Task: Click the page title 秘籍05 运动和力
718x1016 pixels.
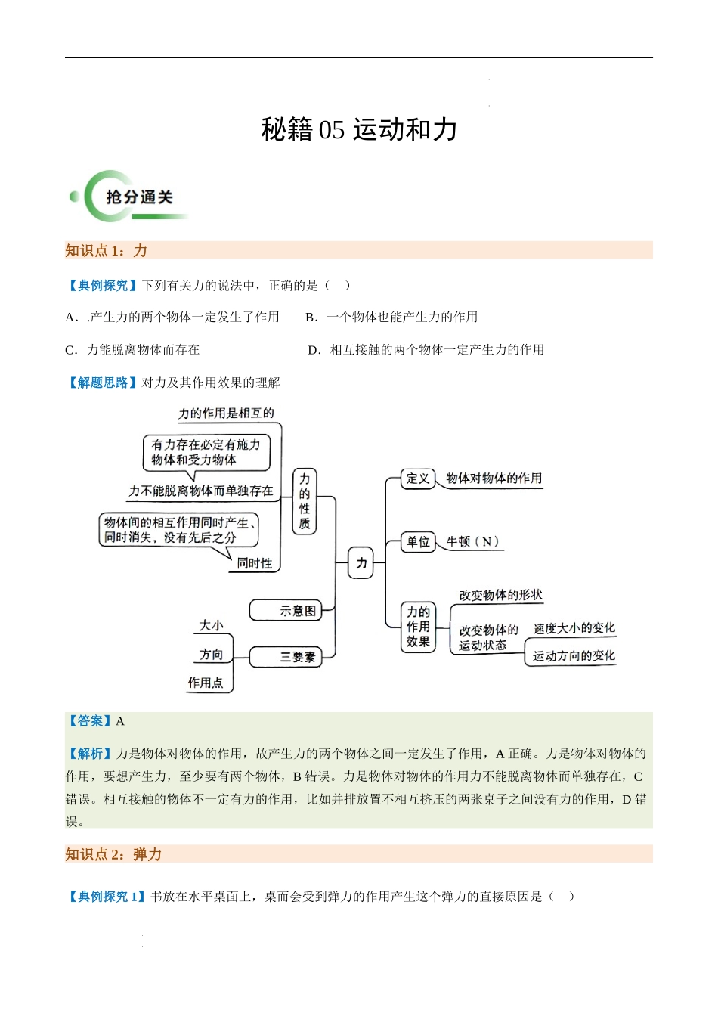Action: pos(359,130)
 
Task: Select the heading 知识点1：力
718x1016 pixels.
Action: pos(106,251)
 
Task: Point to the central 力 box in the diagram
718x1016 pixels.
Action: pos(361,563)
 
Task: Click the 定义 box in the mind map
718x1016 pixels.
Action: pos(418,479)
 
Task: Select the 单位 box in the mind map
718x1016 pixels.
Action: pos(418,542)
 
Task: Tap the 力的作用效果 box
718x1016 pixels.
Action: pos(418,627)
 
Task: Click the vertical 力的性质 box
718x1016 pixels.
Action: pos(304,501)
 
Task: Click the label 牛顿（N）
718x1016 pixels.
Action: pos(472,542)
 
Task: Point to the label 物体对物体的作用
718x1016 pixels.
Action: pos(494,479)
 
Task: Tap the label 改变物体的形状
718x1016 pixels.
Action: pos(500,596)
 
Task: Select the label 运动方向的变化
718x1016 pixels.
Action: pos(574,656)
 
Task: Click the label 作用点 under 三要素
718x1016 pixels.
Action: pos(206,683)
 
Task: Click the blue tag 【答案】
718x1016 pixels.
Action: pos(90,721)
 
